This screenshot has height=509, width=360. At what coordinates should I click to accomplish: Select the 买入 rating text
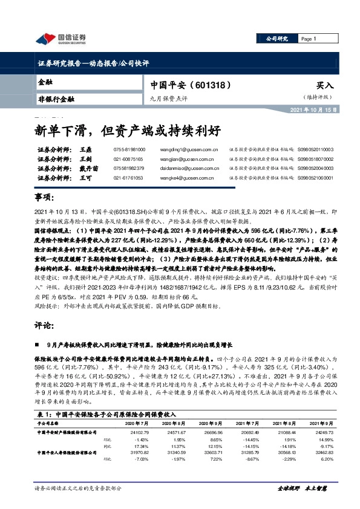coord(324,86)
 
